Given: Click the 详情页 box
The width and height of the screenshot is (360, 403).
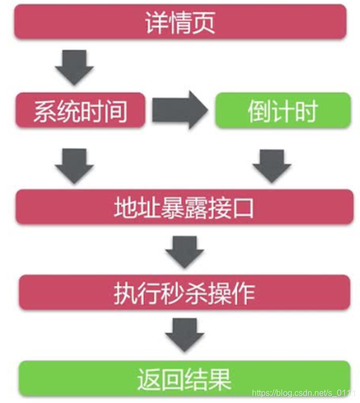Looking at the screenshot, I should [180, 22].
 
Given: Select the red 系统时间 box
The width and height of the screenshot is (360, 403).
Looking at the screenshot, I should [80, 110].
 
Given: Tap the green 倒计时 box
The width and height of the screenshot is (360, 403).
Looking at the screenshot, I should [282, 110].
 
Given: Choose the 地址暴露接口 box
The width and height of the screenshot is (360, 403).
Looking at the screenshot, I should [183, 207].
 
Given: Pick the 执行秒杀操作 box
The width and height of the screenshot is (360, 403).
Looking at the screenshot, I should [183, 293].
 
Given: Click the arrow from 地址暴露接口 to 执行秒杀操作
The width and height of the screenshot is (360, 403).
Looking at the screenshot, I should [184, 250].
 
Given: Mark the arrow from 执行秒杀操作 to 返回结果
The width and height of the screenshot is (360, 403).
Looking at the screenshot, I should [184, 335].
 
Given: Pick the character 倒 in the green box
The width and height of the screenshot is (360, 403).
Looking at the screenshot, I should [259, 111].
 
